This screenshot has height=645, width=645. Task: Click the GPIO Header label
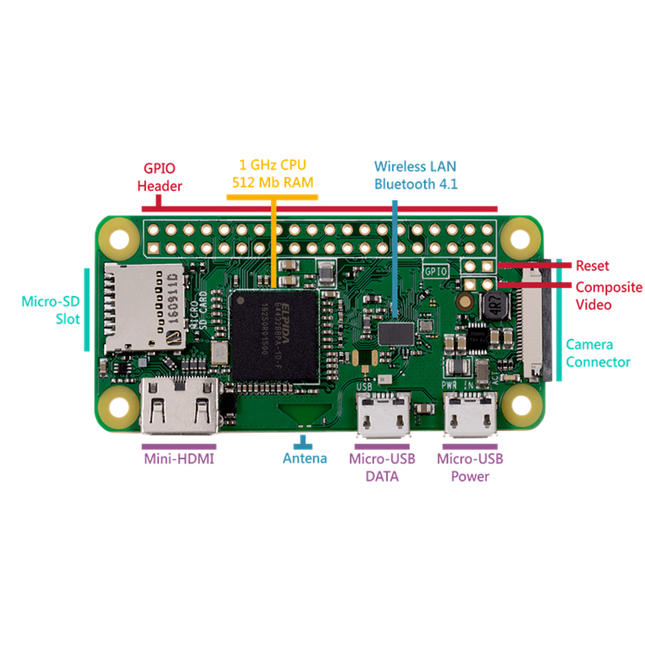click(162, 177)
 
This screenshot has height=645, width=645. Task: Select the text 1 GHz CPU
click(272, 164)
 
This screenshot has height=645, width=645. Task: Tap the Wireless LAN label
click(415, 165)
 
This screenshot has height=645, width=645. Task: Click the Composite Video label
click(608, 296)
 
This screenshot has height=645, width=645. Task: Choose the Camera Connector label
click(598, 353)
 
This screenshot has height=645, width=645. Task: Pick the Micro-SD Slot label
click(51, 310)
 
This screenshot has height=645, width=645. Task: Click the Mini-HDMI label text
click(179, 458)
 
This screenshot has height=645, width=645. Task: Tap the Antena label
click(304, 458)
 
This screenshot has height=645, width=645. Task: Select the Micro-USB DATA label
click(382, 467)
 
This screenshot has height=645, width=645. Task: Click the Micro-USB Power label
click(470, 467)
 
